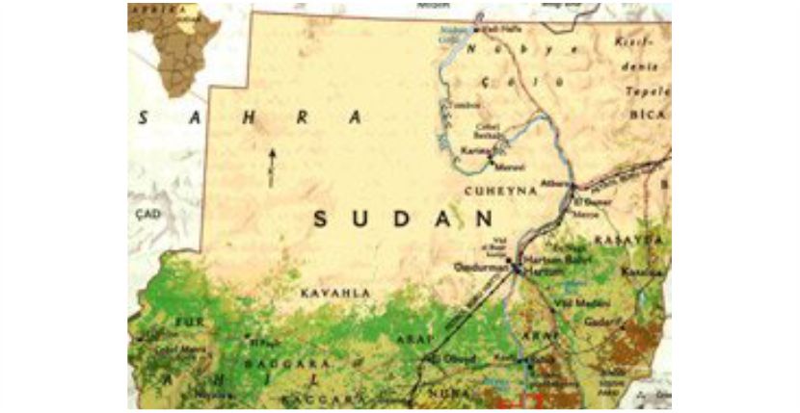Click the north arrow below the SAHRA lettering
pos(272,166)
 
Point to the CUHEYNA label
pos(500,192)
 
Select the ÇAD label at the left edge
pos(147,213)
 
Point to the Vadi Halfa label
pos(490,30)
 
